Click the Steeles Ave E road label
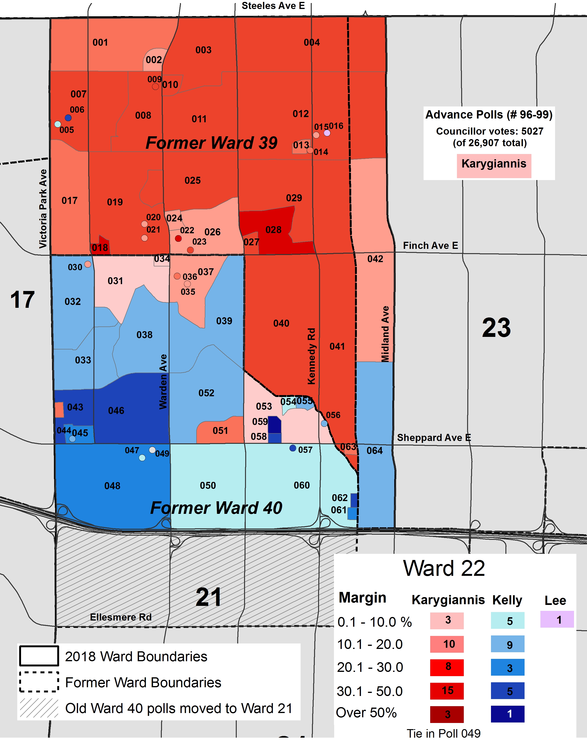pos(273,6)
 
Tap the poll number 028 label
pos(273,230)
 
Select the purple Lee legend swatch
pos(556,620)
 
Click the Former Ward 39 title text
pos(211,143)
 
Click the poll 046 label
pos(116,410)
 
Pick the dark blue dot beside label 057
pos(292,448)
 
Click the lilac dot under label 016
pos(327,133)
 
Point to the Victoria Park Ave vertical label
pos(43,208)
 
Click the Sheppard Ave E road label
pos(434,438)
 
